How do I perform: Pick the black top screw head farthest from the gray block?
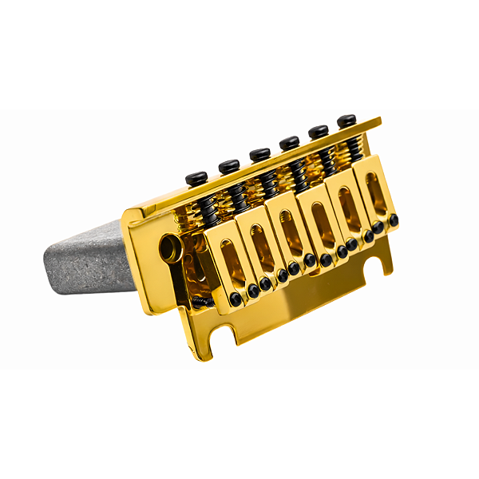click(x=346, y=121)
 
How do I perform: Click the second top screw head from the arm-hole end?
click(x=229, y=165)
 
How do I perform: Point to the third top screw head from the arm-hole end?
click(x=259, y=153)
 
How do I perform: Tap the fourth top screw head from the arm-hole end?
click(x=289, y=142)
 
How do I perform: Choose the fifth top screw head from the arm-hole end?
click(x=319, y=131)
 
